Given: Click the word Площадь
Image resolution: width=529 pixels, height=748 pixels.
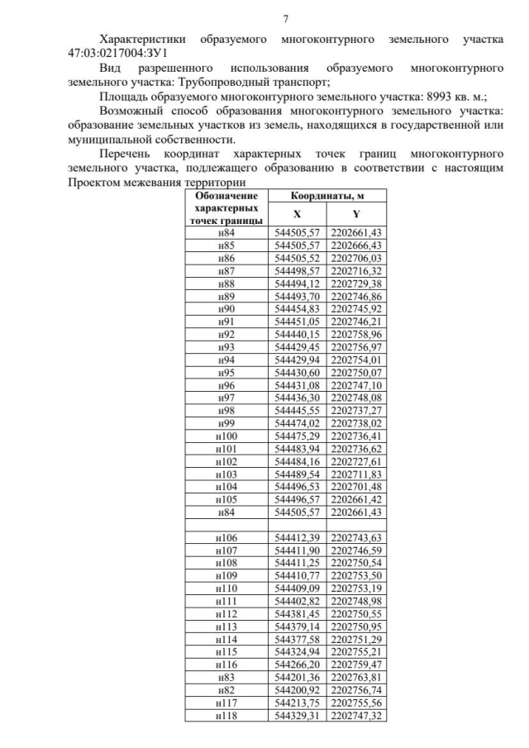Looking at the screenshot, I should [x=123, y=96].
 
